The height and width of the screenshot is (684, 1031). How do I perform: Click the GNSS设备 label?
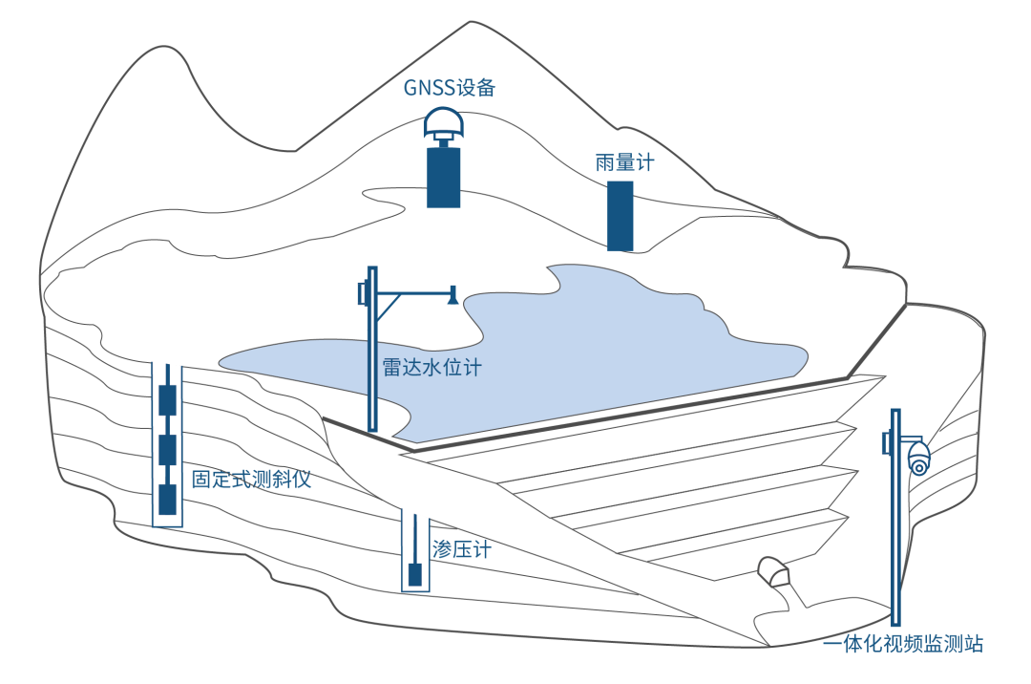[x=449, y=88]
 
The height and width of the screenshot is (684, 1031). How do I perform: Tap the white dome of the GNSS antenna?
[x=443, y=121]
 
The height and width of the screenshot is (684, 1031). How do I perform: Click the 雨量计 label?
[x=624, y=162]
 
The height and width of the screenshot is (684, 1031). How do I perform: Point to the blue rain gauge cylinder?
[x=621, y=216]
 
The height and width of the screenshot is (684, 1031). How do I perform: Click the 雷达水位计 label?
[x=431, y=368]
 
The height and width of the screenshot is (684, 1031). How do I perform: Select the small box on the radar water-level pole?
[x=362, y=293]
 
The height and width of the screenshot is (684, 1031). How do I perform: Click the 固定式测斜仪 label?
[x=251, y=479]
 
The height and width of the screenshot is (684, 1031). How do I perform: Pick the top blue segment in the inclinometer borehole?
[x=167, y=400]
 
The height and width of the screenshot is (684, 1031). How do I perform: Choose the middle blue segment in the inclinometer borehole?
[x=167, y=448]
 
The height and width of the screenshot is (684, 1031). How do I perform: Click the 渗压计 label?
[x=461, y=549]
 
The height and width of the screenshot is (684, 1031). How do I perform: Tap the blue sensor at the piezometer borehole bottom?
[x=415, y=576]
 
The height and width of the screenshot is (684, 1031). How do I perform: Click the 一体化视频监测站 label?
[x=902, y=645]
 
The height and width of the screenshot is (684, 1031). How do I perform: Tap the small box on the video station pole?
[x=887, y=441]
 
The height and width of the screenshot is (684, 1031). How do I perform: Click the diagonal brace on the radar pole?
[x=387, y=308]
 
